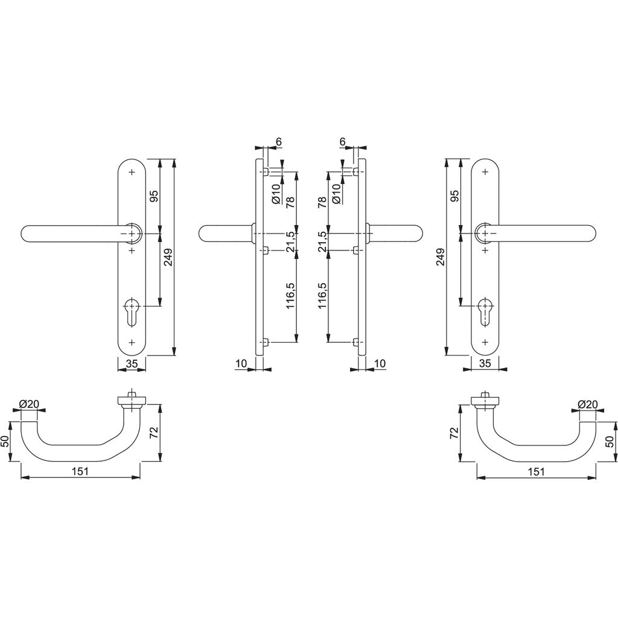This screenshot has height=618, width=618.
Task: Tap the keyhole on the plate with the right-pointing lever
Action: click(x=485, y=310)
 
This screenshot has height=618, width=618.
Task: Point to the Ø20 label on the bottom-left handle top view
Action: click(x=28, y=404)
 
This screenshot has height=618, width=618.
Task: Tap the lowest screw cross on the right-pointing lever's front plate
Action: click(x=485, y=342)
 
